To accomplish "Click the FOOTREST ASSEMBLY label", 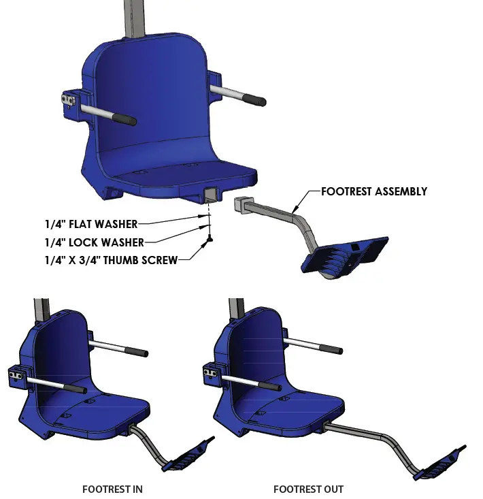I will [374, 191].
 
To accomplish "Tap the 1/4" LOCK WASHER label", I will [95, 242].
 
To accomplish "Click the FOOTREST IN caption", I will [112, 489].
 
